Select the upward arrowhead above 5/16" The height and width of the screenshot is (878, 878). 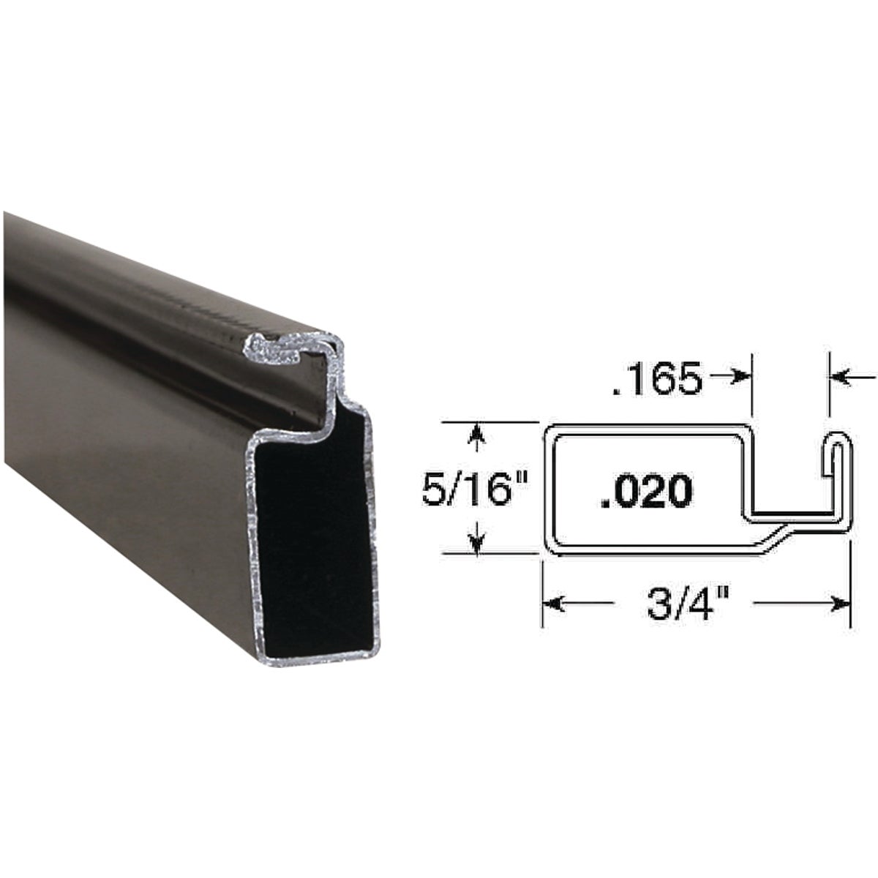(478, 433)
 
